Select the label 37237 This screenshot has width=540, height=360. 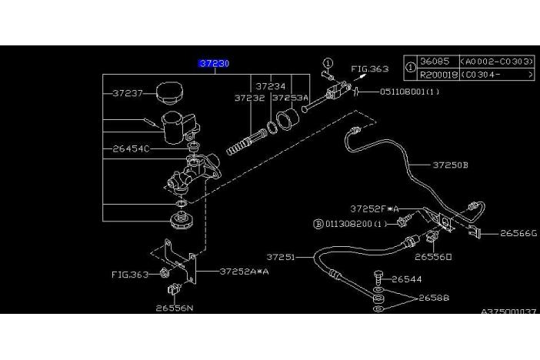coord(128,93)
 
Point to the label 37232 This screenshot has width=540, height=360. coord(249,98)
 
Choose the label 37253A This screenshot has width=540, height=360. coord(290,98)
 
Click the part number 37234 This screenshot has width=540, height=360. coord(271,87)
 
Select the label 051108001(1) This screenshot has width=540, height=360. coord(409,92)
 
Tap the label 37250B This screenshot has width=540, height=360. coord(450,165)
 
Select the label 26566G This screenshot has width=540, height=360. coord(518,233)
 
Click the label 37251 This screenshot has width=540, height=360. coord(282,257)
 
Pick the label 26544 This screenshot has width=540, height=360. coord(408,279)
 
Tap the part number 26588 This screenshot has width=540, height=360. coord(434,298)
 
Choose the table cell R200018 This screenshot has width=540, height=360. coord(436,75)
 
